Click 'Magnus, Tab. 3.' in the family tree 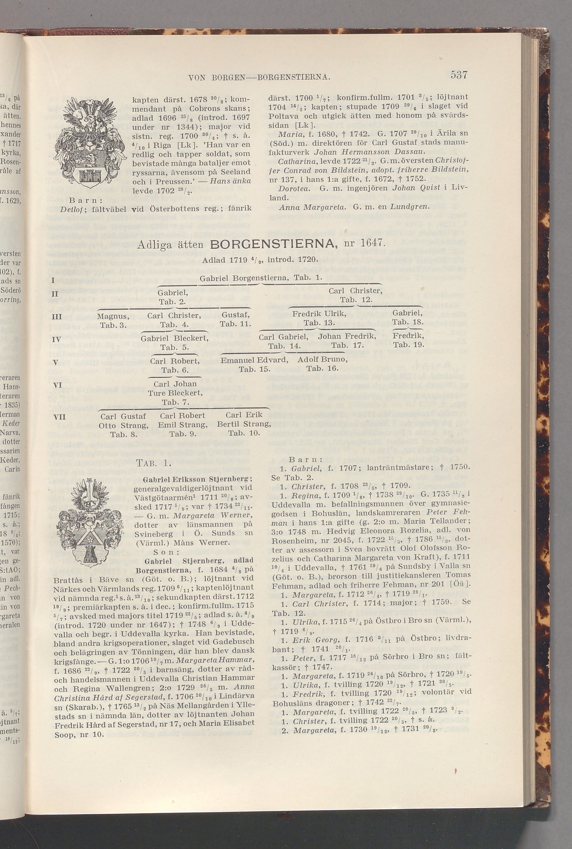pyautogui.click(x=113, y=320)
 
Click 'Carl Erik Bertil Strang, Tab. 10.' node pyautogui.click(x=244, y=424)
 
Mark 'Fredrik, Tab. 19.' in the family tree pyautogui.click(x=408, y=340)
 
